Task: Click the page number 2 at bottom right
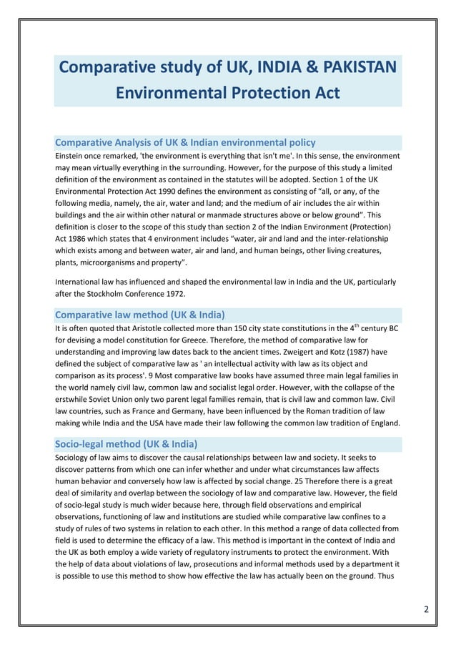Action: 426,609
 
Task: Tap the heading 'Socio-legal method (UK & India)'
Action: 126,443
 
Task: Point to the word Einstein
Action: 72,155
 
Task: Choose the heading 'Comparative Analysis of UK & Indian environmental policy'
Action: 185,142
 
